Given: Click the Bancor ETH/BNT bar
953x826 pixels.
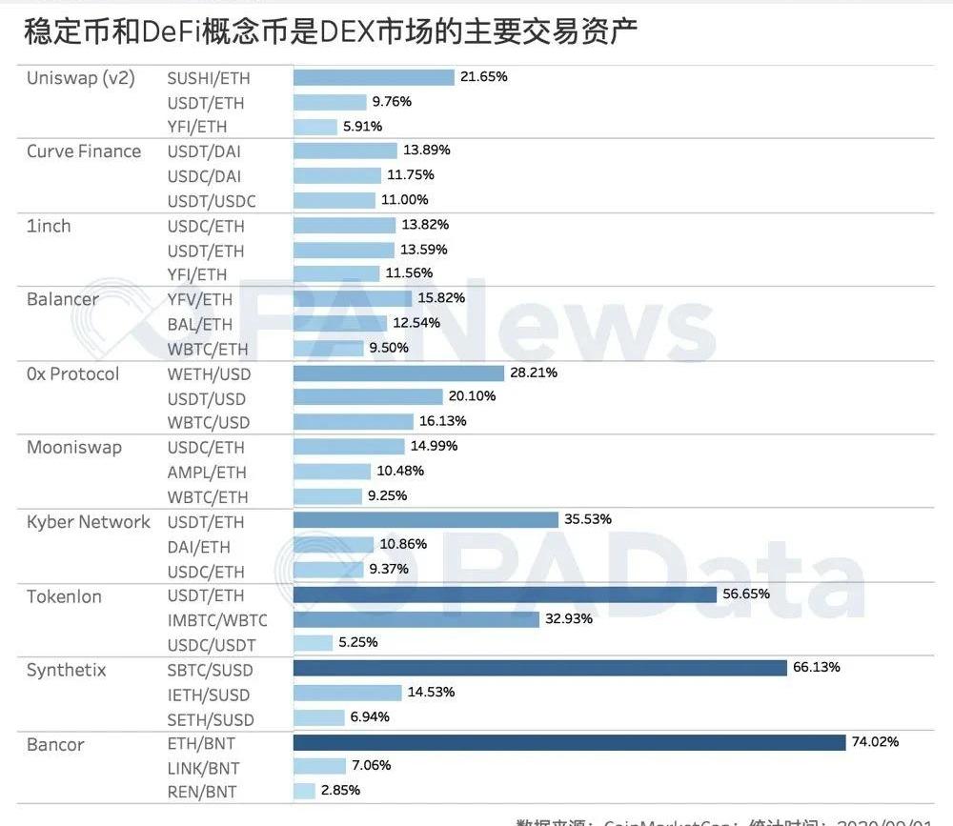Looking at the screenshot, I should tap(569, 742).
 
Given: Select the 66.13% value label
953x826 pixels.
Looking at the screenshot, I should tap(817, 668).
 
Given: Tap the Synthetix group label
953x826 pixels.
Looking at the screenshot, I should tap(67, 671).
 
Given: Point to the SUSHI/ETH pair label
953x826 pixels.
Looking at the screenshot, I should tap(209, 78).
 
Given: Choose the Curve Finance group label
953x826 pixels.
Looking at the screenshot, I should tap(84, 151).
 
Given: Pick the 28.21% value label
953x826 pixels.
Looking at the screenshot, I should tap(534, 373).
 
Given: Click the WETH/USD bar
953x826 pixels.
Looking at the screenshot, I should tap(398, 373).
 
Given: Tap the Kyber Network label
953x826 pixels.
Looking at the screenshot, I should tap(89, 522).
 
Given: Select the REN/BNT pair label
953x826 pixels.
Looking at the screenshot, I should tap(202, 792).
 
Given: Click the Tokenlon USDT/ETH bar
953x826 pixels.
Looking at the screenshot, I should tap(504, 594).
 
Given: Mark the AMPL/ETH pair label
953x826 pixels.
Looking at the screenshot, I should tap(207, 473).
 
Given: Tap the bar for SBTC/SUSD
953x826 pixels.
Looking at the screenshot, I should tap(539, 668).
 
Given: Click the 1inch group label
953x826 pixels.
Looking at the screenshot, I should tap(49, 226).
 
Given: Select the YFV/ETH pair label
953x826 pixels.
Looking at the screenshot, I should tap(200, 299).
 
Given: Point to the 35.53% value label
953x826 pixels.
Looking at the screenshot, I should tap(588, 519).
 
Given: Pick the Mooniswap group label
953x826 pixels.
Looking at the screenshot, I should tap(74, 448).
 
